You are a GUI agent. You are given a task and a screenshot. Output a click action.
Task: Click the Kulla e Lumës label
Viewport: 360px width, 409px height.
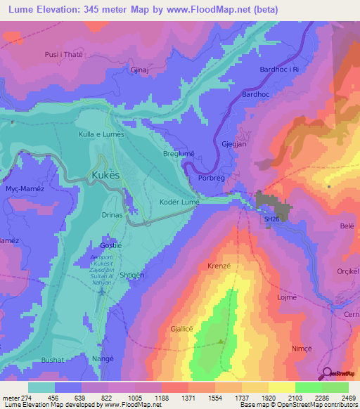click(101, 133)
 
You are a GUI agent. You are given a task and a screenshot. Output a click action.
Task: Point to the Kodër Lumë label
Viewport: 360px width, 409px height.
click(181, 202)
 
